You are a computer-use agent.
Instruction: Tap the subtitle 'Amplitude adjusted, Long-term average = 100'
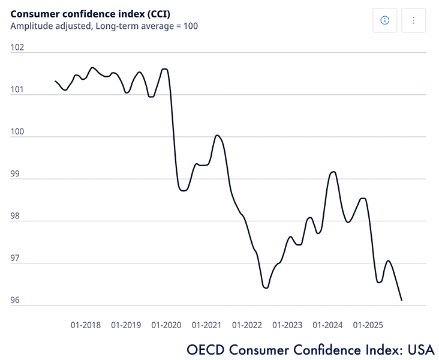click(104, 26)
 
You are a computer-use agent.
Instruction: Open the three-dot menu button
click(414, 20)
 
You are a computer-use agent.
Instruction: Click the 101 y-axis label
click(17, 90)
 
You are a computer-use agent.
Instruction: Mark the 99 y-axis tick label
click(17, 174)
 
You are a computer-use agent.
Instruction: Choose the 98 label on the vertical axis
click(17, 216)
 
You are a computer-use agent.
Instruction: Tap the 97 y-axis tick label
click(17, 258)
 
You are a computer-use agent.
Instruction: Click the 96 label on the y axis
click(17, 300)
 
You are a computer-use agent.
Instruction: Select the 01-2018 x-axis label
click(86, 325)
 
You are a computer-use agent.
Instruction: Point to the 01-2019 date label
click(126, 325)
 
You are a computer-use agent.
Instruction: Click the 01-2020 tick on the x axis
click(166, 325)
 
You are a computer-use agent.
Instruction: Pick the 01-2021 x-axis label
click(206, 325)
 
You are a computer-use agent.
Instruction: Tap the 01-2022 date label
click(247, 325)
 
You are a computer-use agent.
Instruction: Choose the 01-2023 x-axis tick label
click(287, 325)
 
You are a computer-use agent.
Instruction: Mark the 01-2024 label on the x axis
click(327, 325)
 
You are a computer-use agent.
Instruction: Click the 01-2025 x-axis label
click(368, 325)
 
